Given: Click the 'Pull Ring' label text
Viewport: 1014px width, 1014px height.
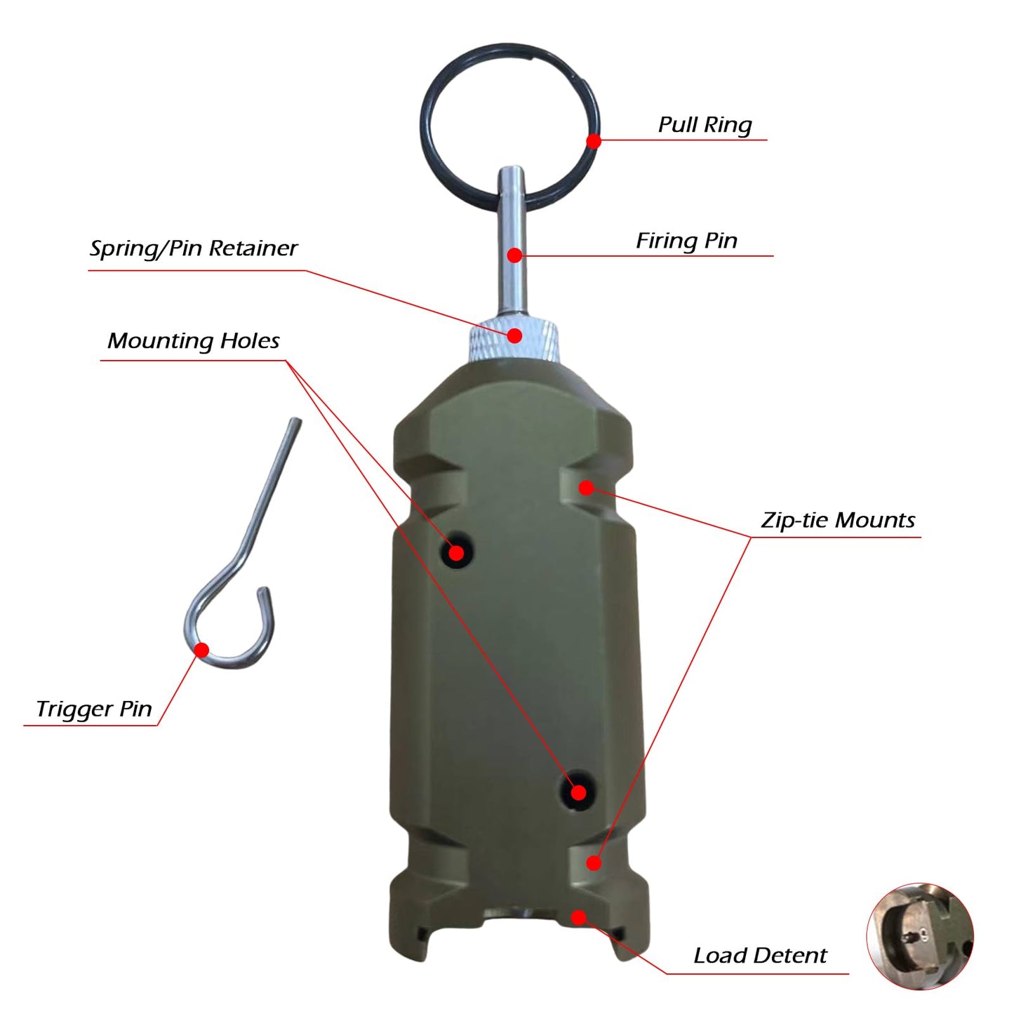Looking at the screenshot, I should click(x=705, y=125).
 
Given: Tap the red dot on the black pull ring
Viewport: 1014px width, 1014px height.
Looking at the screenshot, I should click(x=594, y=141).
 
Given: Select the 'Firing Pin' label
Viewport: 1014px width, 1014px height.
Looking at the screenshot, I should click(x=686, y=241).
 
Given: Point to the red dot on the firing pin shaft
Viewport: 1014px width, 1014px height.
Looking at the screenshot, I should click(x=514, y=255).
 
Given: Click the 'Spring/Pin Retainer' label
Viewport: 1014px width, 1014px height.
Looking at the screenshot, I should click(x=194, y=248).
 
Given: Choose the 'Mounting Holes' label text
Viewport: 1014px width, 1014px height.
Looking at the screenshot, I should click(x=193, y=341).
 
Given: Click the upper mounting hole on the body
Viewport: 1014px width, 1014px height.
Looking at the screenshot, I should click(x=456, y=553).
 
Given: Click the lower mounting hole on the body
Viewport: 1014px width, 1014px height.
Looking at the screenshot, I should click(x=578, y=792).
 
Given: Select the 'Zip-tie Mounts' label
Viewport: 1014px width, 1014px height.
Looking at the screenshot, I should click(x=838, y=520).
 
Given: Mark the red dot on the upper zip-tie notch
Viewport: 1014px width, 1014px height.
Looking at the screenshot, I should click(x=587, y=487).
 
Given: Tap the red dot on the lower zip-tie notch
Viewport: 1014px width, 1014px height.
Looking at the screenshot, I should click(x=594, y=862).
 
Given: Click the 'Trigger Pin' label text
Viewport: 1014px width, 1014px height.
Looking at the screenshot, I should click(x=94, y=709).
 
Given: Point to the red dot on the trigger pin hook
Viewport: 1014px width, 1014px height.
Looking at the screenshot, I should click(x=201, y=650).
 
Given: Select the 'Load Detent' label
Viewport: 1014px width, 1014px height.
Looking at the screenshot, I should click(x=760, y=956).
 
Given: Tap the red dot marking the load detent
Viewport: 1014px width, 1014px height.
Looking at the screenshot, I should click(x=578, y=917).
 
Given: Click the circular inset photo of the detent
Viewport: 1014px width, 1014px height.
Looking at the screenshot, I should click(x=920, y=936).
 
